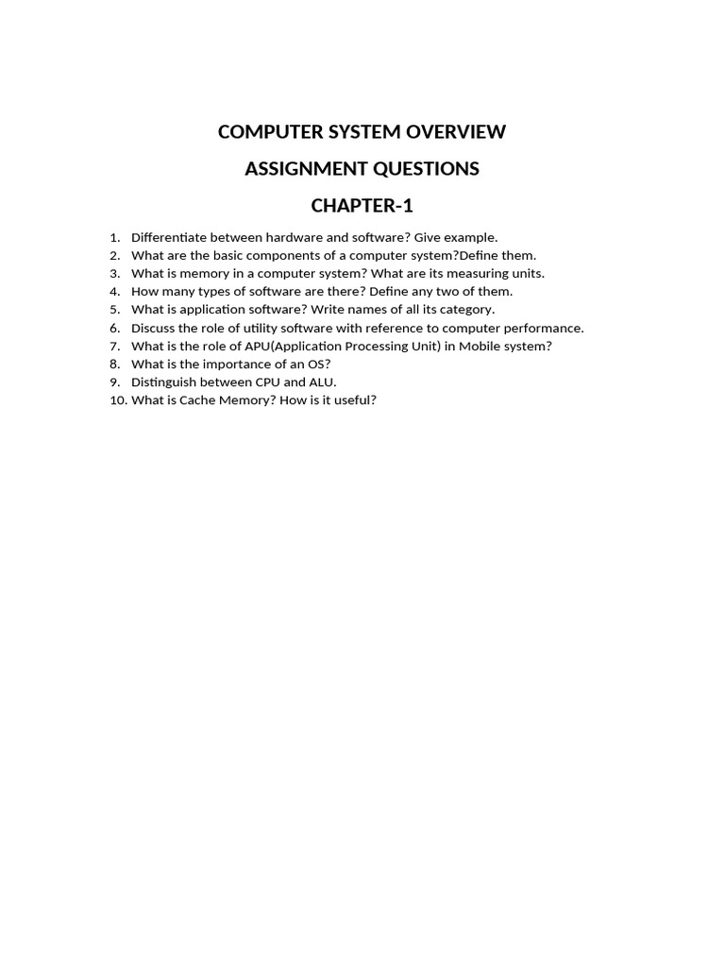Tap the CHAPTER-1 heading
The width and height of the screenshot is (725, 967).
[362, 206]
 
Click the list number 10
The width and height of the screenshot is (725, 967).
[117, 400]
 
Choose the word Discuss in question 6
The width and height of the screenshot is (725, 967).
[153, 328]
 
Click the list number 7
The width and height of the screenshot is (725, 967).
[114, 346]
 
